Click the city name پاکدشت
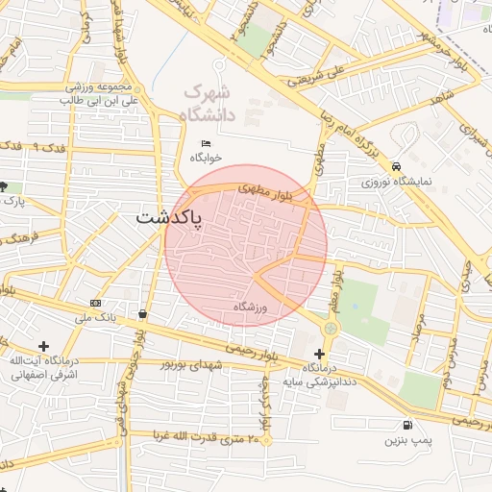(167, 218)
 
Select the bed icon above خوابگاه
(206, 143)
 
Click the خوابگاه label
(207, 157)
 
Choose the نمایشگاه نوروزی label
(398, 180)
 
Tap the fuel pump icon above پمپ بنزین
(410, 425)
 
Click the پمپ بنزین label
(404, 441)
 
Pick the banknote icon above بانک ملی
(95, 303)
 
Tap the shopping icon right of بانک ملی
(143, 313)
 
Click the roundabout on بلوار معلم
(331, 329)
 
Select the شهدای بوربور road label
(192, 365)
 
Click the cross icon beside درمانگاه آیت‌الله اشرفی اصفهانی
(43, 346)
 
